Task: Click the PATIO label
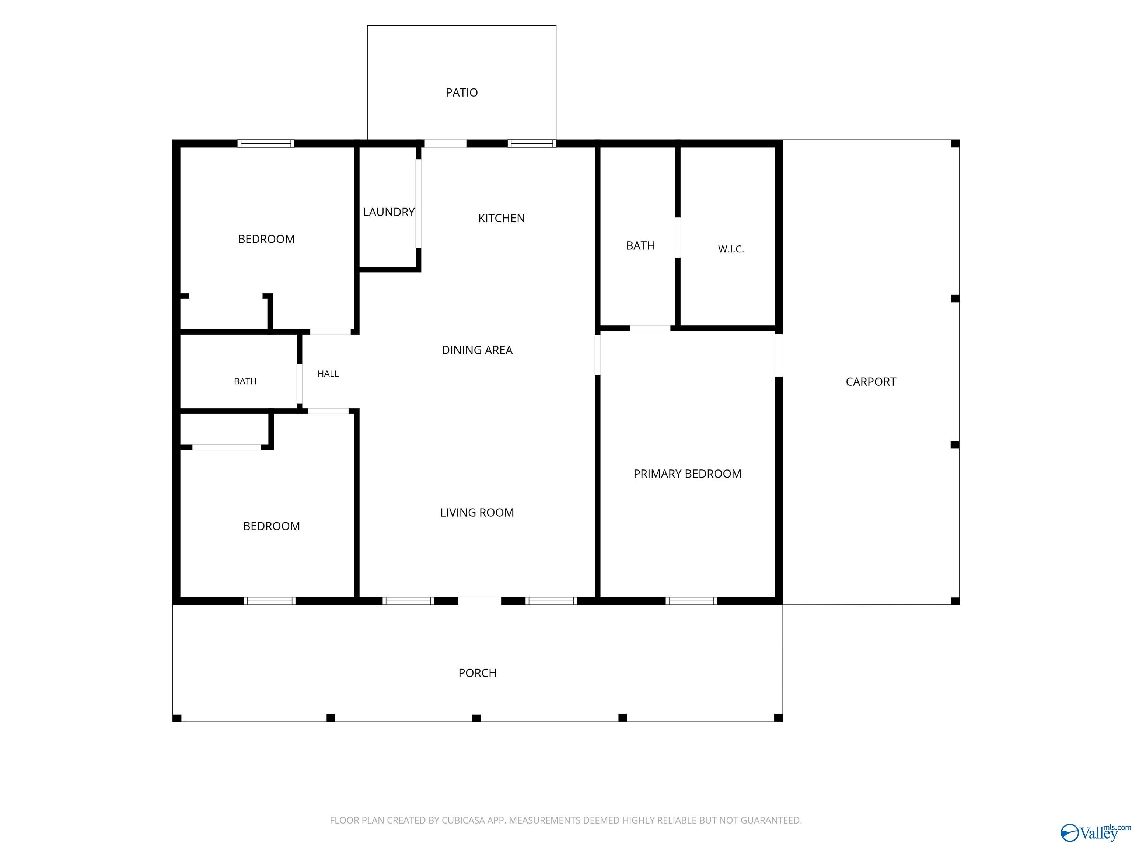tap(462, 92)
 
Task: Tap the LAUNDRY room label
tap(389, 212)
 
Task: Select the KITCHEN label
tap(502, 219)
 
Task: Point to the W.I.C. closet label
tap(731, 249)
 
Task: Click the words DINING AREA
tap(477, 350)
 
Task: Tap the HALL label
tap(328, 374)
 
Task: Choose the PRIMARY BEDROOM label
tap(687, 474)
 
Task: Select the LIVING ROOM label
tap(477, 512)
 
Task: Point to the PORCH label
tap(478, 673)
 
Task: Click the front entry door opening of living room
tap(479, 601)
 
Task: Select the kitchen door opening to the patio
tap(445, 144)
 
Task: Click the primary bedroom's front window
tap(691, 601)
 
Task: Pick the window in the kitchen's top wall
tap(532, 144)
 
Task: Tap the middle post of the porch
tap(476, 718)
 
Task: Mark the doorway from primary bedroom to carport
tap(779, 355)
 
